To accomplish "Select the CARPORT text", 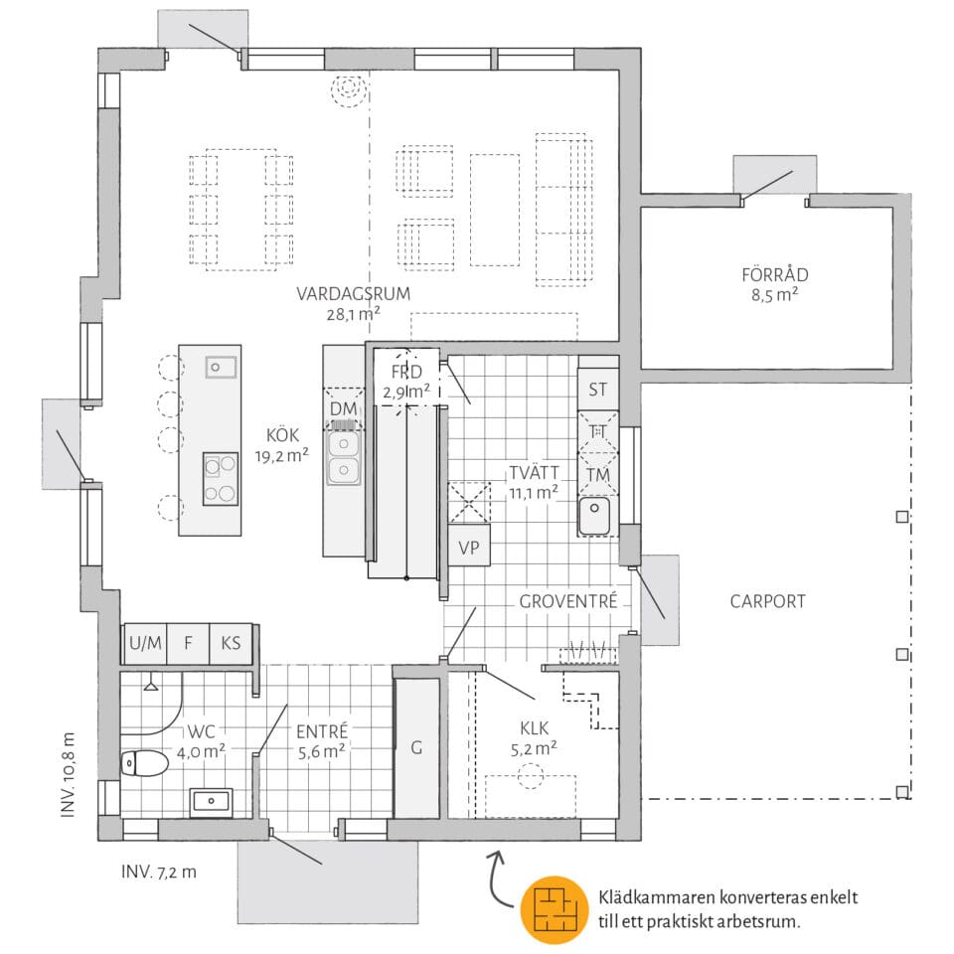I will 767,601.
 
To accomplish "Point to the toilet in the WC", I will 144,764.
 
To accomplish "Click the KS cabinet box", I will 231,643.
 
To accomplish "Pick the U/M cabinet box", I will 145,643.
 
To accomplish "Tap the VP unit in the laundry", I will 468,547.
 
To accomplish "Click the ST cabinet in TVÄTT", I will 597,390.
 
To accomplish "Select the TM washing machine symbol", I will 597,476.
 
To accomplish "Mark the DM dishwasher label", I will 343,408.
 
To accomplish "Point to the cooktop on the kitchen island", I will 221,478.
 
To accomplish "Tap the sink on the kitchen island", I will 221,368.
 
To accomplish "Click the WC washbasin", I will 211,801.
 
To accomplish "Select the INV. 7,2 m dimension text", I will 159,873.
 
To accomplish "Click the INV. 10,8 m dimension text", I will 69,774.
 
